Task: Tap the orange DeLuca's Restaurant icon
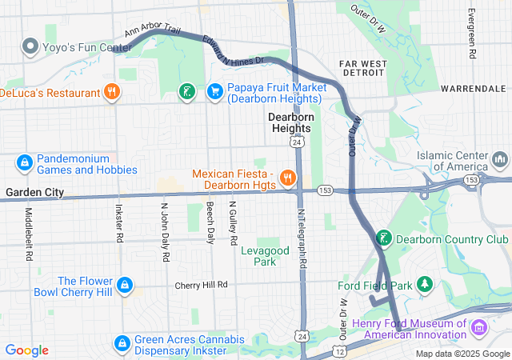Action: pos(112,92)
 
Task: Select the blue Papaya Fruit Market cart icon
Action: pos(214,92)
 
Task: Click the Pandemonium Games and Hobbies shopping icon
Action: pos(25,163)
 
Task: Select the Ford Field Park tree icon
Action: pos(426,285)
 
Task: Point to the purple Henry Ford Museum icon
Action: pos(478,327)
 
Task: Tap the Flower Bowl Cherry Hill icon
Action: pos(124,285)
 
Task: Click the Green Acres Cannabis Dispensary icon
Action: pos(122,344)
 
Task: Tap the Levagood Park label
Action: pos(264,256)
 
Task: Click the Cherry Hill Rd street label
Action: pos(202,285)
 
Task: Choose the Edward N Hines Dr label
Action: pos(234,50)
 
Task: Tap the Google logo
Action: pos(26,350)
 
